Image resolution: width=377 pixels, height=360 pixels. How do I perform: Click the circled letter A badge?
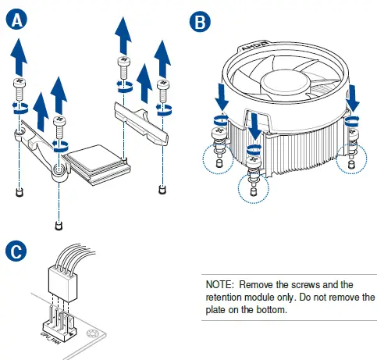(x=16, y=20)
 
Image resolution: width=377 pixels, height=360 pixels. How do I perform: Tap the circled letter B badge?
(x=200, y=22)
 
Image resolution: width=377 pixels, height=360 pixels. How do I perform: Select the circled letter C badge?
(x=16, y=251)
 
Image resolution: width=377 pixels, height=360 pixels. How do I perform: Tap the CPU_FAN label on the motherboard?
(x=50, y=338)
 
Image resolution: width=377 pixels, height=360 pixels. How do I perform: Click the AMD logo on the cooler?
(x=254, y=46)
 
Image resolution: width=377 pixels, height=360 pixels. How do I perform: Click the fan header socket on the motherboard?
(x=59, y=323)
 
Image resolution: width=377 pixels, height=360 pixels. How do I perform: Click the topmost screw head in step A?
(x=123, y=61)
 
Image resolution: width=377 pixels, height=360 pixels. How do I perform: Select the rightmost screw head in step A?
(x=163, y=84)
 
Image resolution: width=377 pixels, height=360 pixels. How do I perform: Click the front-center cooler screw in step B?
(x=254, y=162)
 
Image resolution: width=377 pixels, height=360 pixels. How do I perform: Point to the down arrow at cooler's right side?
(x=353, y=98)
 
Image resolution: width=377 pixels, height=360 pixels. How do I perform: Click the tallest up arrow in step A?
(x=123, y=36)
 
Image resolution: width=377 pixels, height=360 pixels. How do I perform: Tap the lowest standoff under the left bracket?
(x=59, y=226)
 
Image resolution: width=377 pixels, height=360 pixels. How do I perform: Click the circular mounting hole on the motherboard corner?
(x=92, y=334)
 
